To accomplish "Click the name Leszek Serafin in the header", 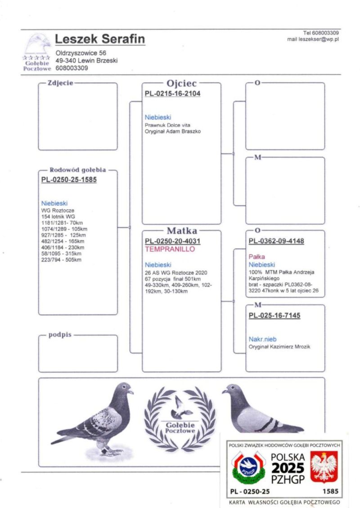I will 100,40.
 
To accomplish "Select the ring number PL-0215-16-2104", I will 172,94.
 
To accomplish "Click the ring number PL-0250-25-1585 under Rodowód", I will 69,180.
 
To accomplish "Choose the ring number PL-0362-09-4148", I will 276,241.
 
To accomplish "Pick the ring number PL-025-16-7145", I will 274,315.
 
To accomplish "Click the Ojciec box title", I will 182,83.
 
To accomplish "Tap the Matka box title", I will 182,231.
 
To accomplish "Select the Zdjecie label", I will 60,83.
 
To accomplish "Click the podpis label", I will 60,335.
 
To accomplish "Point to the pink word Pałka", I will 257,257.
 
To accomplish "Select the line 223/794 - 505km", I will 62,259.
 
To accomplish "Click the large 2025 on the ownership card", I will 288,468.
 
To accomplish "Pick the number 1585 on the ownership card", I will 330,491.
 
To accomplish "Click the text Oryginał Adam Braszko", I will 172,131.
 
